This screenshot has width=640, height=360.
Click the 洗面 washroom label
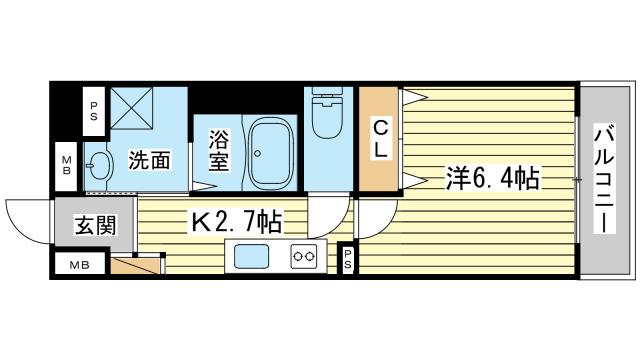click(149, 159)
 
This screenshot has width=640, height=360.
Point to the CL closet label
click(381, 138)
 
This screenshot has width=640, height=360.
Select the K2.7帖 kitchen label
click(236, 220)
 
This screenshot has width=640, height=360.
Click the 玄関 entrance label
click(94, 225)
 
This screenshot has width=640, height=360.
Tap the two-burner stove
click(304, 257)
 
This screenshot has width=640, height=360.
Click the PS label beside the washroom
click(94, 109)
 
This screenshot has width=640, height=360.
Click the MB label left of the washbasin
click(66, 163)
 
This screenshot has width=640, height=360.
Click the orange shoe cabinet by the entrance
click(137, 265)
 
